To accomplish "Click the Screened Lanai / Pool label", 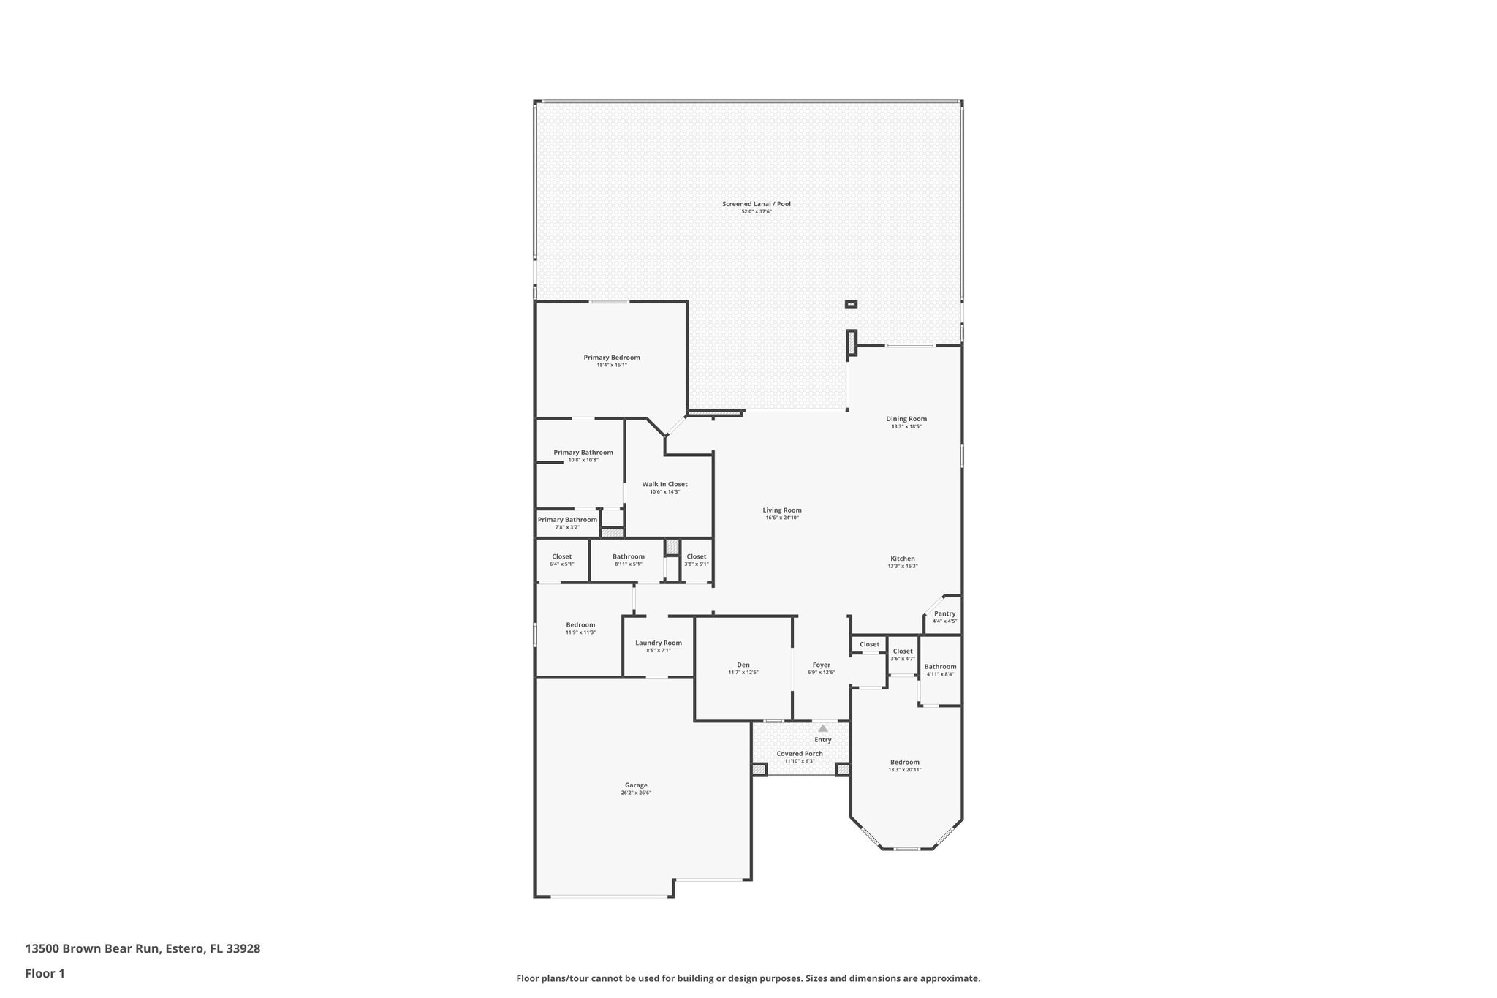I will click(x=756, y=204).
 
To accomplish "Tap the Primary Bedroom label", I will click(x=611, y=358).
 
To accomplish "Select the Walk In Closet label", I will click(x=664, y=484).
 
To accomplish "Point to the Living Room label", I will click(x=782, y=510).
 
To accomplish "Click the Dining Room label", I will click(x=906, y=419).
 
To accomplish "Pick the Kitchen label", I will click(x=902, y=559).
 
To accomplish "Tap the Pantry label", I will click(x=944, y=613).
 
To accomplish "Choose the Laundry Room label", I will click(x=658, y=643).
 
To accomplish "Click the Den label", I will click(x=743, y=665).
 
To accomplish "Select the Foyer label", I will click(x=821, y=665).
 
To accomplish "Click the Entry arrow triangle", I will click(x=823, y=728).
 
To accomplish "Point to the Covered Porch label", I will click(x=799, y=753).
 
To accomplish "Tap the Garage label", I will click(x=636, y=785).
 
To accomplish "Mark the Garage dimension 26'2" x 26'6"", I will click(x=636, y=793).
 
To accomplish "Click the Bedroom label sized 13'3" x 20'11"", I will click(x=904, y=762).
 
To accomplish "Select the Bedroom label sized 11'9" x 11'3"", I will click(x=580, y=624).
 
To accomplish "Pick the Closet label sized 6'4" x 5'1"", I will click(x=561, y=556).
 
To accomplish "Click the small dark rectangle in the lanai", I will click(x=851, y=304).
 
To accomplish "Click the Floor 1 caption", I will click(x=45, y=973).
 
